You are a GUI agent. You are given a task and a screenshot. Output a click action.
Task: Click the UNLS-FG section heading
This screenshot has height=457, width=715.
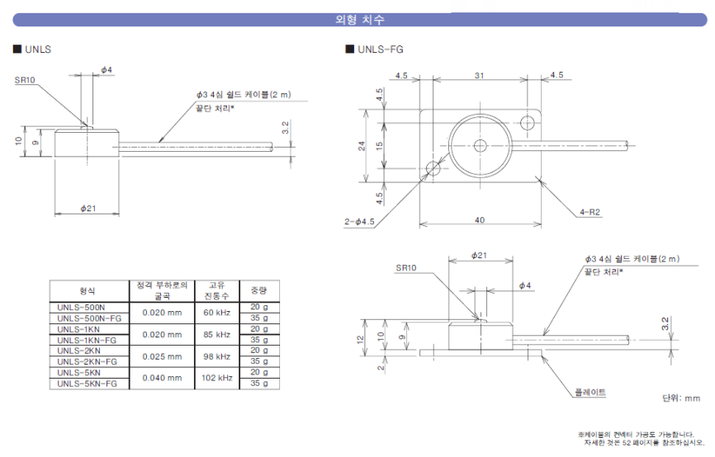[x=381, y=49]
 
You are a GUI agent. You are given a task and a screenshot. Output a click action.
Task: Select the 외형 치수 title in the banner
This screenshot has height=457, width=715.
[x=360, y=20]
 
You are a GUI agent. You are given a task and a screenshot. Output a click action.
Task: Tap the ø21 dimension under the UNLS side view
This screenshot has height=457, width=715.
[x=88, y=208]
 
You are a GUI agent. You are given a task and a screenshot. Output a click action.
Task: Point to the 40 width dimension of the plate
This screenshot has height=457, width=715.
[x=480, y=220]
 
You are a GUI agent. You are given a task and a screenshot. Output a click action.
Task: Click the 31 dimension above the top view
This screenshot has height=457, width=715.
[x=479, y=76]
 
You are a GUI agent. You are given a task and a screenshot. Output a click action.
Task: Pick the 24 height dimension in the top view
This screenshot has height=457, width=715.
[x=362, y=146]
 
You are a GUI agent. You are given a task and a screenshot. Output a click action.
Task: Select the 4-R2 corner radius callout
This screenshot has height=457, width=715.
[x=590, y=212]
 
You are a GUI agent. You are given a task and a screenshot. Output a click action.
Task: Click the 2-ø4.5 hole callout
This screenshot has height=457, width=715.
[x=359, y=222]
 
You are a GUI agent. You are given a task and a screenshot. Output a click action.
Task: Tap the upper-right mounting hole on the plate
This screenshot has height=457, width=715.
[x=528, y=123]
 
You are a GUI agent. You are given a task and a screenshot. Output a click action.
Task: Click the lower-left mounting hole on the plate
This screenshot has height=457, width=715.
[x=433, y=168]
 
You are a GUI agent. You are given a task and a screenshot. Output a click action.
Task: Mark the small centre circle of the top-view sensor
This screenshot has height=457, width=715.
[x=481, y=146]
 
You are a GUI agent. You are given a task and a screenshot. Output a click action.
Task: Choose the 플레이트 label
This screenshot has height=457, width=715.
[x=590, y=393]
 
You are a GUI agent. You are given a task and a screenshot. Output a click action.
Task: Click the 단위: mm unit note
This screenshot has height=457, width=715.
[x=681, y=398]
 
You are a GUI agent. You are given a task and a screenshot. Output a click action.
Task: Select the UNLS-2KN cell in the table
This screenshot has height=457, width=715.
[x=79, y=351]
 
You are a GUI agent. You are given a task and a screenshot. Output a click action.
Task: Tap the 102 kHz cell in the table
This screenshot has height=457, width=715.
[x=217, y=378]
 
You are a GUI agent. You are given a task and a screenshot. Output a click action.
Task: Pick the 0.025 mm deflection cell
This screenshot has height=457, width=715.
[x=162, y=356]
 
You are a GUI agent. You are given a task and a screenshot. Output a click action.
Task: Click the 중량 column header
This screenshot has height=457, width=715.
[x=259, y=290]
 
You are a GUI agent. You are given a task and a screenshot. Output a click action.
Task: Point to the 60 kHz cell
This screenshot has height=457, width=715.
[x=216, y=313]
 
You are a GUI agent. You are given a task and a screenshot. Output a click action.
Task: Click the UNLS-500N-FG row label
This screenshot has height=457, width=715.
[x=89, y=318]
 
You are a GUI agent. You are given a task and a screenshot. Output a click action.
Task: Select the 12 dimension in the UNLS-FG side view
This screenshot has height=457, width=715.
[x=360, y=339]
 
